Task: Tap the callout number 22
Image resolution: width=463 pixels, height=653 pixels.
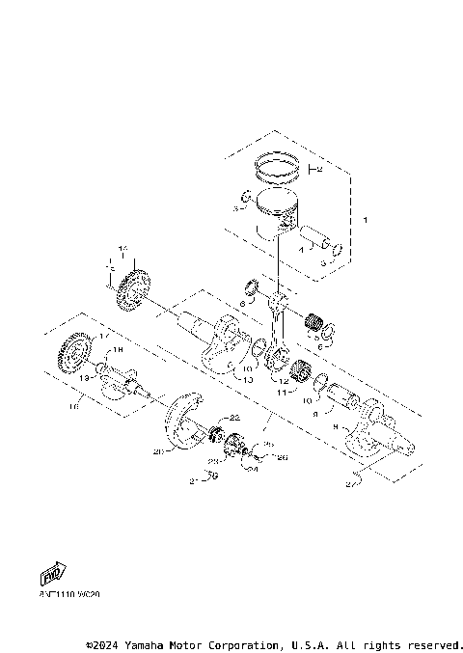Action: click(x=234, y=417)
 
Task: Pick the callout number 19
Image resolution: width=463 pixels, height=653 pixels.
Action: click(x=84, y=379)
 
